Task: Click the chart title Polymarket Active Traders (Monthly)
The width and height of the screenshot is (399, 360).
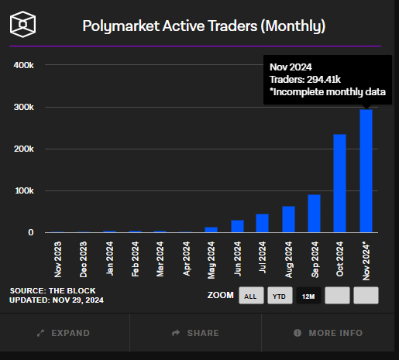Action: pyautogui.click(x=204, y=26)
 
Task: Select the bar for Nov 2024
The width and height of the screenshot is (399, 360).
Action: pyautogui.click(x=366, y=170)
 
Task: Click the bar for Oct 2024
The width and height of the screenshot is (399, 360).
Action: pyautogui.click(x=339, y=183)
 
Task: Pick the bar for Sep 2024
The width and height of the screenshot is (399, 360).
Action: pyautogui.click(x=314, y=214)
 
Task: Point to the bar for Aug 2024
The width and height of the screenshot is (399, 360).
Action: pyautogui.click(x=288, y=219)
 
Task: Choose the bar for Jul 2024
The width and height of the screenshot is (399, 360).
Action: pyautogui.click(x=262, y=223)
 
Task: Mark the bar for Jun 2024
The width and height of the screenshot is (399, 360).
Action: pyautogui.click(x=237, y=226)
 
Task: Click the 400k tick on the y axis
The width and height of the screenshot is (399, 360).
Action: pyautogui.click(x=23, y=65)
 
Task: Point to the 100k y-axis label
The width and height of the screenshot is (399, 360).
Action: pyautogui.click(x=23, y=190)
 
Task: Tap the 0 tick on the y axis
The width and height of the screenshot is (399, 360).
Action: pyautogui.click(x=30, y=232)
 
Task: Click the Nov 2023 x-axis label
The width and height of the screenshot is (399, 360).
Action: pyautogui.click(x=59, y=259)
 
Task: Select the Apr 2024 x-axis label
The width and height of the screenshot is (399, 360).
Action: pyautogui.click(x=187, y=259)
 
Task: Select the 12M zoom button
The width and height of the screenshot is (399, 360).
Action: pyautogui.click(x=308, y=296)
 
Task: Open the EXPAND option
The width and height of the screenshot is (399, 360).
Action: pyautogui.click(x=64, y=333)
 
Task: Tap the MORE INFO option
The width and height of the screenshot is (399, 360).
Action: pyautogui.click(x=328, y=333)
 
